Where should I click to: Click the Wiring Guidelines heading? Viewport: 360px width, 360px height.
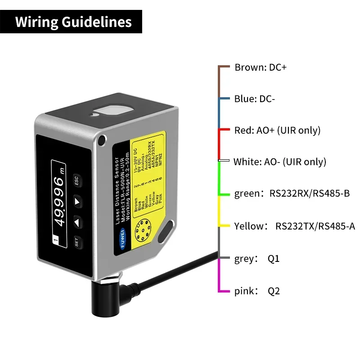(x=73, y=22)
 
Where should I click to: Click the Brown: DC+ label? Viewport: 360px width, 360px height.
(x=260, y=67)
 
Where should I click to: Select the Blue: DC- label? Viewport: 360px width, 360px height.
(x=254, y=99)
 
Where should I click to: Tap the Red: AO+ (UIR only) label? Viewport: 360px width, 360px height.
(x=277, y=130)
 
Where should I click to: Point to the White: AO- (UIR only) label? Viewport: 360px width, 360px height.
(x=279, y=162)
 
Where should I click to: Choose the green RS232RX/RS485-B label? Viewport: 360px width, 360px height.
(x=292, y=194)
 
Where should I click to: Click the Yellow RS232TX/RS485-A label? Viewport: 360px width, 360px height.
(x=294, y=226)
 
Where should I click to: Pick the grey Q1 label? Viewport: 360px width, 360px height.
(x=256, y=259)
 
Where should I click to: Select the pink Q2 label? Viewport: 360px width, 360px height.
(x=257, y=291)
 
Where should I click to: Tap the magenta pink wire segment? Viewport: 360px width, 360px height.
(x=219, y=275)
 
